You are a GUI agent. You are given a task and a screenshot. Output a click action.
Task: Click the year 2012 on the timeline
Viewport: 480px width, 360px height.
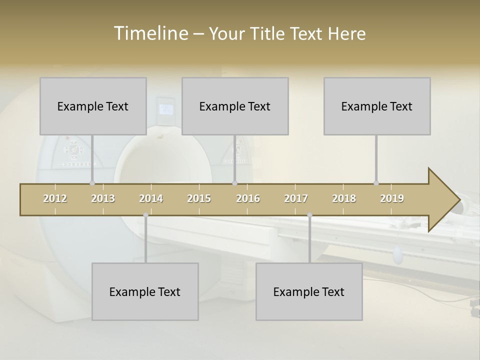click(x=55, y=199)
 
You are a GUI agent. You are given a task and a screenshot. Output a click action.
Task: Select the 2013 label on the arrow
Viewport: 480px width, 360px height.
click(x=103, y=199)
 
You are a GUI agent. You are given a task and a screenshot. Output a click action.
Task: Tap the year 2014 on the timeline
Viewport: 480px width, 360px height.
click(x=151, y=199)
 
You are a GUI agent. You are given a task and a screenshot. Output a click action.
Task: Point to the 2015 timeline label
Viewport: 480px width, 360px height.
click(x=199, y=199)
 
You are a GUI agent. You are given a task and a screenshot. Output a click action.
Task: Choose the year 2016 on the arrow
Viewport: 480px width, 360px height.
click(x=248, y=199)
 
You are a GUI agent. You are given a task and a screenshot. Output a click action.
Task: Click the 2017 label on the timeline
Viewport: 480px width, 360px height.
click(x=296, y=199)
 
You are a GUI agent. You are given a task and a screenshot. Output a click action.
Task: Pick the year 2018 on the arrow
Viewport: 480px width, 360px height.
click(x=344, y=199)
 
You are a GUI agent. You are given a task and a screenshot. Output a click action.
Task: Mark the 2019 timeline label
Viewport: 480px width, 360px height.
click(x=392, y=199)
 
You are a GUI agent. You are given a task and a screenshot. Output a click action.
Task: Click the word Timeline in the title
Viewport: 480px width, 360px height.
click(x=150, y=33)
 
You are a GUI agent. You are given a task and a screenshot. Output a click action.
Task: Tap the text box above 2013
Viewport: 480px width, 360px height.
click(x=93, y=106)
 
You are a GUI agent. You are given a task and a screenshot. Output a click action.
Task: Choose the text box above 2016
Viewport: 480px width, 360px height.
click(x=235, y=106)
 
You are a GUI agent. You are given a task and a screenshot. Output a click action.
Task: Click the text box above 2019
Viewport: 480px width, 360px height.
click(x=377, y=106)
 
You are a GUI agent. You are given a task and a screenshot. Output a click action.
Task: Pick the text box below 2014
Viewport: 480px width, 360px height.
click(x=145, y=291)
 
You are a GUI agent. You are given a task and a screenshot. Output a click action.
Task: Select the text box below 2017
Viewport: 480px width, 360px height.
click(x=309, y=291)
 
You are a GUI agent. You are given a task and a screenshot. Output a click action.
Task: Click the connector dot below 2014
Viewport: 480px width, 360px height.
click(x=145, y=215)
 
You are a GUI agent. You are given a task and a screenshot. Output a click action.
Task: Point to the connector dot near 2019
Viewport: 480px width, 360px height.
click(x=376, y=183)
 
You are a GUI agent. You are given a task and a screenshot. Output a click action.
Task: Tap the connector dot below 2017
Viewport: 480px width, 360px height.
click(x=309, y=215)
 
